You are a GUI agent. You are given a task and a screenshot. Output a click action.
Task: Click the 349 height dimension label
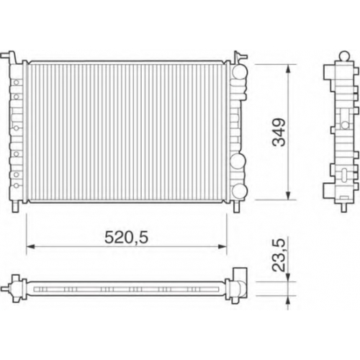point(279,132)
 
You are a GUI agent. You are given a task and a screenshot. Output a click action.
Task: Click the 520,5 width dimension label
point(127,238)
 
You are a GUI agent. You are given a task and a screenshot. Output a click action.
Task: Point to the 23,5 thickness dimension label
point(279,255)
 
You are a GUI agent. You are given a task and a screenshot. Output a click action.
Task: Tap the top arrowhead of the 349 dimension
point(289,69)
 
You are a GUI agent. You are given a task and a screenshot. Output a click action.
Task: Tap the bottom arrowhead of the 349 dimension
point(289,195)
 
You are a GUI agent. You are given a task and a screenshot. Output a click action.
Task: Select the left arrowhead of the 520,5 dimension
point(31,246)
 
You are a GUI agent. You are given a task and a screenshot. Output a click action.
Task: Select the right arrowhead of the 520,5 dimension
point(222,246)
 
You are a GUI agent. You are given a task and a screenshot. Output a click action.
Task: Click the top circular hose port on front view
point(240,72)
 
